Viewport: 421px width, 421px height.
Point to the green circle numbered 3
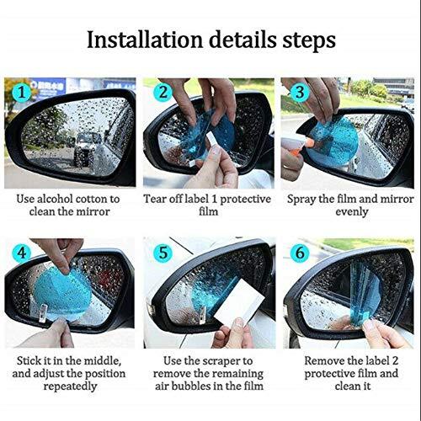click(297, 93)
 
